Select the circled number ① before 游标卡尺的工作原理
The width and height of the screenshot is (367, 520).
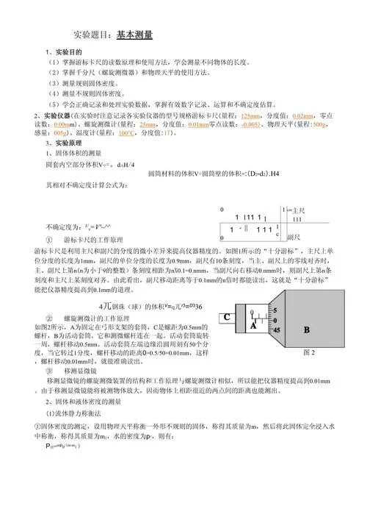(x=48, y=241)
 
